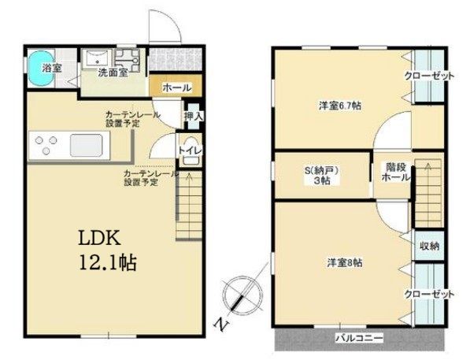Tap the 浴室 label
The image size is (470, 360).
(x=53, y=68)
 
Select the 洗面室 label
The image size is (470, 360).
(x=113, y=72)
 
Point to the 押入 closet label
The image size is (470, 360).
(x=193, y=116)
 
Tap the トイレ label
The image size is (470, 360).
(x=188, y=149)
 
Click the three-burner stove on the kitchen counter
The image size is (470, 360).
(x=43, y=146)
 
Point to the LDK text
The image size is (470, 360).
(x=101, y=237)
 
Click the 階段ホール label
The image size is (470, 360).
(x=394, y=172)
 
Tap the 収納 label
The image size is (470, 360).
(x=428, y=246)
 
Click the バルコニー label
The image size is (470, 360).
(x=359, y=338)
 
